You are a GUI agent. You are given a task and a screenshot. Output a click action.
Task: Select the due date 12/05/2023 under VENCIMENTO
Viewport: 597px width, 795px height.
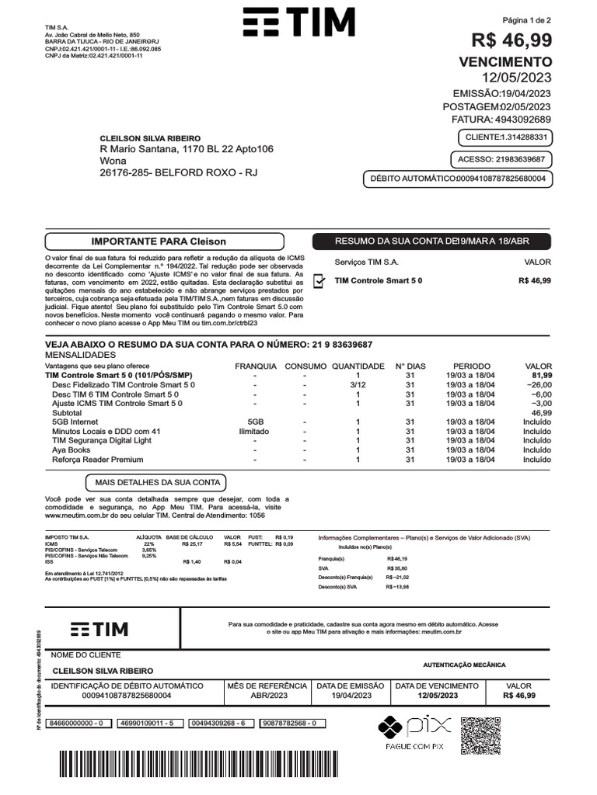517,78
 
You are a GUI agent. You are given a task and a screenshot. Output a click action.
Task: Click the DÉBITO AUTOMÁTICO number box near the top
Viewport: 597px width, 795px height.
458,179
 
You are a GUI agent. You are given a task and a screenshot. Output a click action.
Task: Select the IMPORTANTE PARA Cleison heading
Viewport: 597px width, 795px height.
159,241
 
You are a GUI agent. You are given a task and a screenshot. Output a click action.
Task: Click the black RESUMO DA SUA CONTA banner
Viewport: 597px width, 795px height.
431,241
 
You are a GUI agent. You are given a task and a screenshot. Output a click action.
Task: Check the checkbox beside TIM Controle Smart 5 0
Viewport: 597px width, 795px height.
319,281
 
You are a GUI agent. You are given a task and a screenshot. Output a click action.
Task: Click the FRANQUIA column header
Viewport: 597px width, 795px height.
255,366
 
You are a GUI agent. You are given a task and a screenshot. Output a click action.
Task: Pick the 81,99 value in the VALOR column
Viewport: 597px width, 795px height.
541,375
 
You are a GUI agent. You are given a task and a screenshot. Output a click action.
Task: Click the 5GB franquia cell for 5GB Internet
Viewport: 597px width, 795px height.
255,422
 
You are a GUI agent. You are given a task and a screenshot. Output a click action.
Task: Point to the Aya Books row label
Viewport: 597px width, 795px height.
72,450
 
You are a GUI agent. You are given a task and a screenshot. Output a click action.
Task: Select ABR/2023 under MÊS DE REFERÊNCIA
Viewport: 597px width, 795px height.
267,696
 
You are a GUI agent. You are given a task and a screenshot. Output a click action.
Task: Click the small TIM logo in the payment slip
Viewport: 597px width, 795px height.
99,629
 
